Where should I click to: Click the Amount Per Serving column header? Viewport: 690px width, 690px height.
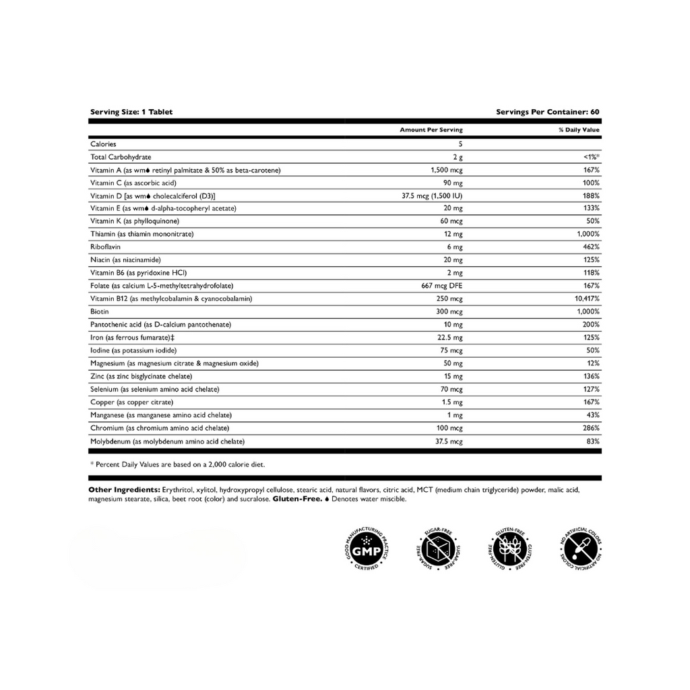[x=431, y=130]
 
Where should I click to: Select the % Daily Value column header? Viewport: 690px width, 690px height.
[x=579, y=130]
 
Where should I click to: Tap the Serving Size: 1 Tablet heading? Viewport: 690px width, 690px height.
[x=131, y=112]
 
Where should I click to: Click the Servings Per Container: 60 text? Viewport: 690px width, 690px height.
[x=547, y=112]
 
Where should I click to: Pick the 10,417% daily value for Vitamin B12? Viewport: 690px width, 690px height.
[x=585, y=299]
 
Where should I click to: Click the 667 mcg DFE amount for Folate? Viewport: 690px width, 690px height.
[x=442, y=286]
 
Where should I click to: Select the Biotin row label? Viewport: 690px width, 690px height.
[x=99, y=312]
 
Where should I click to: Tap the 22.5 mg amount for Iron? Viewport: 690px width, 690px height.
[x=449, y=338]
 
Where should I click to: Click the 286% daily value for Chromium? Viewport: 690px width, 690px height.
[x=591, y=429]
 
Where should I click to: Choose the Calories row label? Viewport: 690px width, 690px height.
[x=103, y=144]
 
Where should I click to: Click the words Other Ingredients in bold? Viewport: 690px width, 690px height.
[x=124, y=490]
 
